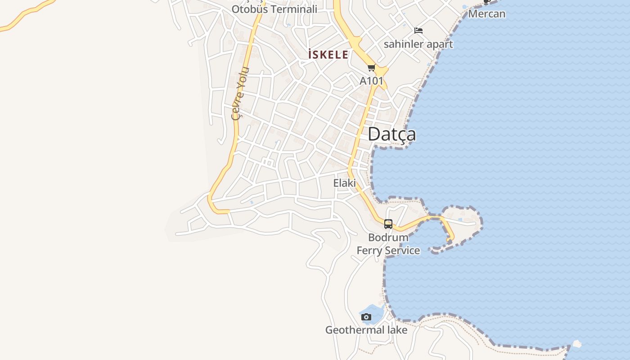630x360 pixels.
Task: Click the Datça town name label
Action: [x=391, y=134]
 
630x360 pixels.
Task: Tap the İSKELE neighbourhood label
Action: [x=328, y=55]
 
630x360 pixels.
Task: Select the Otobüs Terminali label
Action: [x=274, y=9]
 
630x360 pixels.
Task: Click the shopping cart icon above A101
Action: [x=371, y=68]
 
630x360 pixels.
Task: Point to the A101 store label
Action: [x=371, y=81]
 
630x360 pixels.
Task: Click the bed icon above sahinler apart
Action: [x=418, y=31]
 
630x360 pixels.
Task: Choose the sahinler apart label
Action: [x=418, y=44]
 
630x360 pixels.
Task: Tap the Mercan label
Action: [x=486, y=14]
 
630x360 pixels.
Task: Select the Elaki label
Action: [x=344, y=183]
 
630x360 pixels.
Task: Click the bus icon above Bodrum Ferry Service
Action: [x=388, y=224]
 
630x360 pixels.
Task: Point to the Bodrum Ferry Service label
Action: [x=388, y=244]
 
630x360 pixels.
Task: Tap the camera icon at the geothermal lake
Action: [x=366, y=317]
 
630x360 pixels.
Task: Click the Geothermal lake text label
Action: [x=366, y=330]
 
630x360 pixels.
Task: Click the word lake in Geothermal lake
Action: [x=396, y=330]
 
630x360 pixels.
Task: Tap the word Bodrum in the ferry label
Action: [x=388, y=237]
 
